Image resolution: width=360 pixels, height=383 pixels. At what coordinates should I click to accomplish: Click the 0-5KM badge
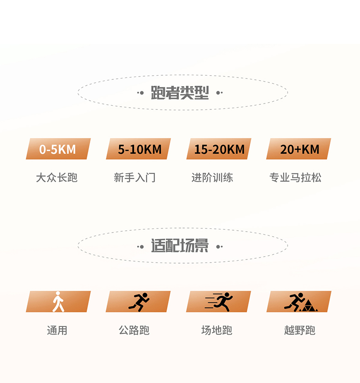[58, 149]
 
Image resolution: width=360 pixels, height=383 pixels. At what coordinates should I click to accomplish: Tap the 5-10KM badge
[139, 149]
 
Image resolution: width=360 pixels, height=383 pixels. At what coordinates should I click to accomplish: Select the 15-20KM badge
[219, 149]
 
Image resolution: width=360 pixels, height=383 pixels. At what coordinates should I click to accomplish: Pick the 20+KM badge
[299, 149]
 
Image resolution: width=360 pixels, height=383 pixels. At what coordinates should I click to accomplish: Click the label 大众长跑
[57, 177]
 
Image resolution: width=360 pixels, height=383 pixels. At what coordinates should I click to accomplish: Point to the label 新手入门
[135, 177]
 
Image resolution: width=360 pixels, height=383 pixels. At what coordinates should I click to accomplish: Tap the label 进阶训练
[212, 177]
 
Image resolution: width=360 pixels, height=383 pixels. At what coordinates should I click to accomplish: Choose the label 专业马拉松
[295, 177]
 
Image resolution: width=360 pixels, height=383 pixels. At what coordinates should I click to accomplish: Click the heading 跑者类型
[180, 93]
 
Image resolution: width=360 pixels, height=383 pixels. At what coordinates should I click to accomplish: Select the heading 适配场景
[180, 246]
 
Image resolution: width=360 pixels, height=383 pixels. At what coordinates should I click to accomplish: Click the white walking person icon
[58, 301]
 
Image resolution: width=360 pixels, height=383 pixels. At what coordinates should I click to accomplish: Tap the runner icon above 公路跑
[139, 301]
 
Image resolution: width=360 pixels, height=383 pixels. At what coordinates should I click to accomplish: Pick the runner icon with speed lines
[220, 301]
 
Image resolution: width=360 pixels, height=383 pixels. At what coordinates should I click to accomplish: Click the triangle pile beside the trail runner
[309, 306]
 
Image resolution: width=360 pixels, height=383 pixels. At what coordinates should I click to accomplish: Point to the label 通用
[57, 330]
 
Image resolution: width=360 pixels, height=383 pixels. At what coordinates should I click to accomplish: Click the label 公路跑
[134, 330]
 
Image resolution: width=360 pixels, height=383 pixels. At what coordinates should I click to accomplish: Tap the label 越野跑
[299, 330]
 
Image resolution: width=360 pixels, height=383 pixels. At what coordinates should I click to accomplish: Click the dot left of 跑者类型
[142, 93]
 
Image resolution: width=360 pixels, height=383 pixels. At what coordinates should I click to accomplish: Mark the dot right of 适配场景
[218, 247]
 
